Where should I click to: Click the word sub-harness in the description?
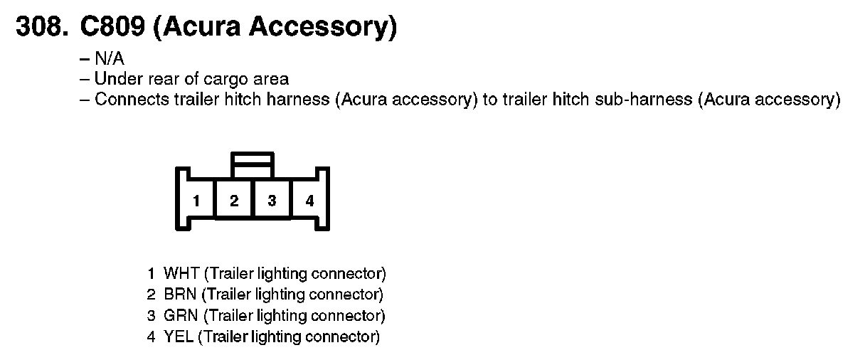650,99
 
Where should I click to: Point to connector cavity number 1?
196,201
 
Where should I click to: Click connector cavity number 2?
234,201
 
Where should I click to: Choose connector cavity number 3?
272,201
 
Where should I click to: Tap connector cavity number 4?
309,201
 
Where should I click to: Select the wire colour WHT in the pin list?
181,273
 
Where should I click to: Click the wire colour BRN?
181,294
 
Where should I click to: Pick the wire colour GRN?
181,315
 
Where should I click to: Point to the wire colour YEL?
179,337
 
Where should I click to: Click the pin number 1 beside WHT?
151,273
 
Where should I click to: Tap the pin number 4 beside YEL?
151,337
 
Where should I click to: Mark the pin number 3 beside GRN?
151,315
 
